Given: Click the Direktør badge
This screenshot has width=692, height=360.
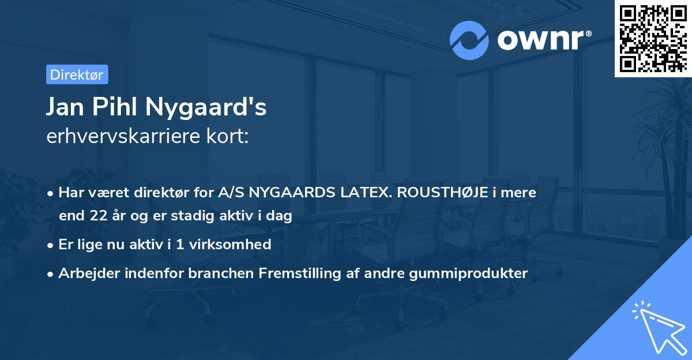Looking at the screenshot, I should tap(77, 74).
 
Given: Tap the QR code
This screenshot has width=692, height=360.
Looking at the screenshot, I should tap(653, 38).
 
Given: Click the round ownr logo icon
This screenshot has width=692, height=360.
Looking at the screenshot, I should tap(469, 40).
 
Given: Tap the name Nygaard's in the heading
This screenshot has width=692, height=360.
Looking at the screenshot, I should tap(206, 107).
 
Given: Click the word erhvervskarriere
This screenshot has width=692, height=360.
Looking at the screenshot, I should tap(124, 136).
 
